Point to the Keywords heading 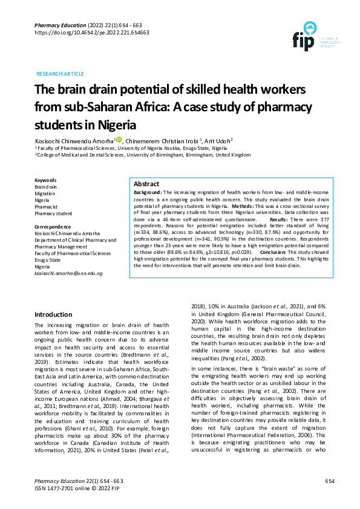click(x=45, y=180)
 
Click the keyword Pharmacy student click(x=53, y=213)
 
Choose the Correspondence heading click(x=52, y=227)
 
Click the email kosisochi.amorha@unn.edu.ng click(x=68, y=273)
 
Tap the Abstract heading click(x=146, y=184)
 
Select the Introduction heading click(x=53, y=314)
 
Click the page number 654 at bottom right click(x=330, y=481)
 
